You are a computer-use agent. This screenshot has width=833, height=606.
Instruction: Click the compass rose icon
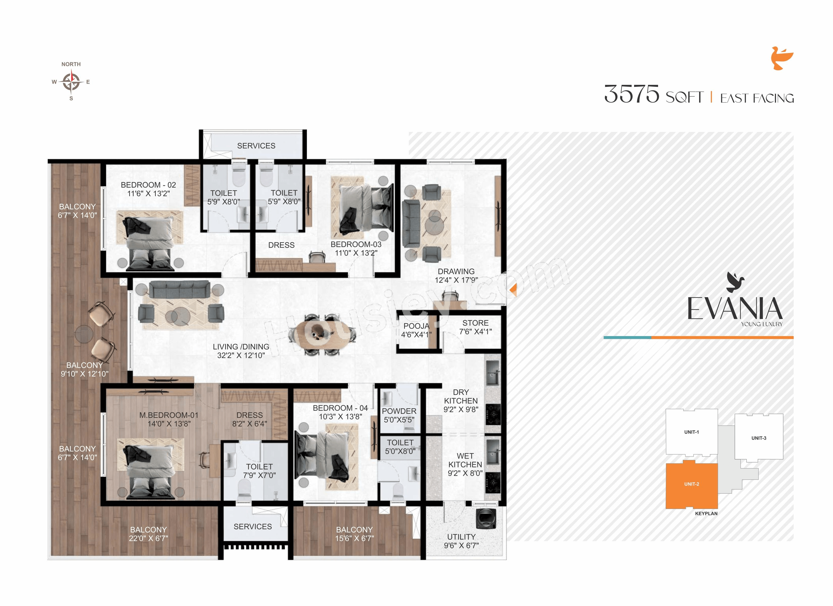pyautogui.click(x=71, y=82)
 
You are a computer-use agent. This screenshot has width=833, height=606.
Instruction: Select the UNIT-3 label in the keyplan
pyautogui.click(x=759, y=438)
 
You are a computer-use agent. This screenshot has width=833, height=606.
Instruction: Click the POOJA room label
pyautogui.click(x=416, y=326)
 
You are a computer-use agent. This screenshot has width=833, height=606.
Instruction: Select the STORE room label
pyautogui.click(x=475, y=323)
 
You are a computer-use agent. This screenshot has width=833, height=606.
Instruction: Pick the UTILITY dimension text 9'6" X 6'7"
pyautogui.click(x=461, y=546)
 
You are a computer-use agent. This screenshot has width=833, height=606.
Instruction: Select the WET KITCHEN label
pyautogui.click(x=465, y=460)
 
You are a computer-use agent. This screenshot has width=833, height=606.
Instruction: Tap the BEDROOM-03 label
pyautogui.click(x=356, y=244)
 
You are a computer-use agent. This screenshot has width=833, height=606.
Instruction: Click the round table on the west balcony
pyautogui.click(x=84, y=334)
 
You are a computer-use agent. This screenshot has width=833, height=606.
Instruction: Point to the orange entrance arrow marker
pyautogui.click(x=513, y=290)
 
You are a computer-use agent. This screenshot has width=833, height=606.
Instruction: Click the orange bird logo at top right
pyautogui.click(x=782, y=58)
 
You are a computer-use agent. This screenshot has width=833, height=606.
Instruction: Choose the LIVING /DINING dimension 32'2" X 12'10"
pyautogui.click(x=241, y=355)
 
